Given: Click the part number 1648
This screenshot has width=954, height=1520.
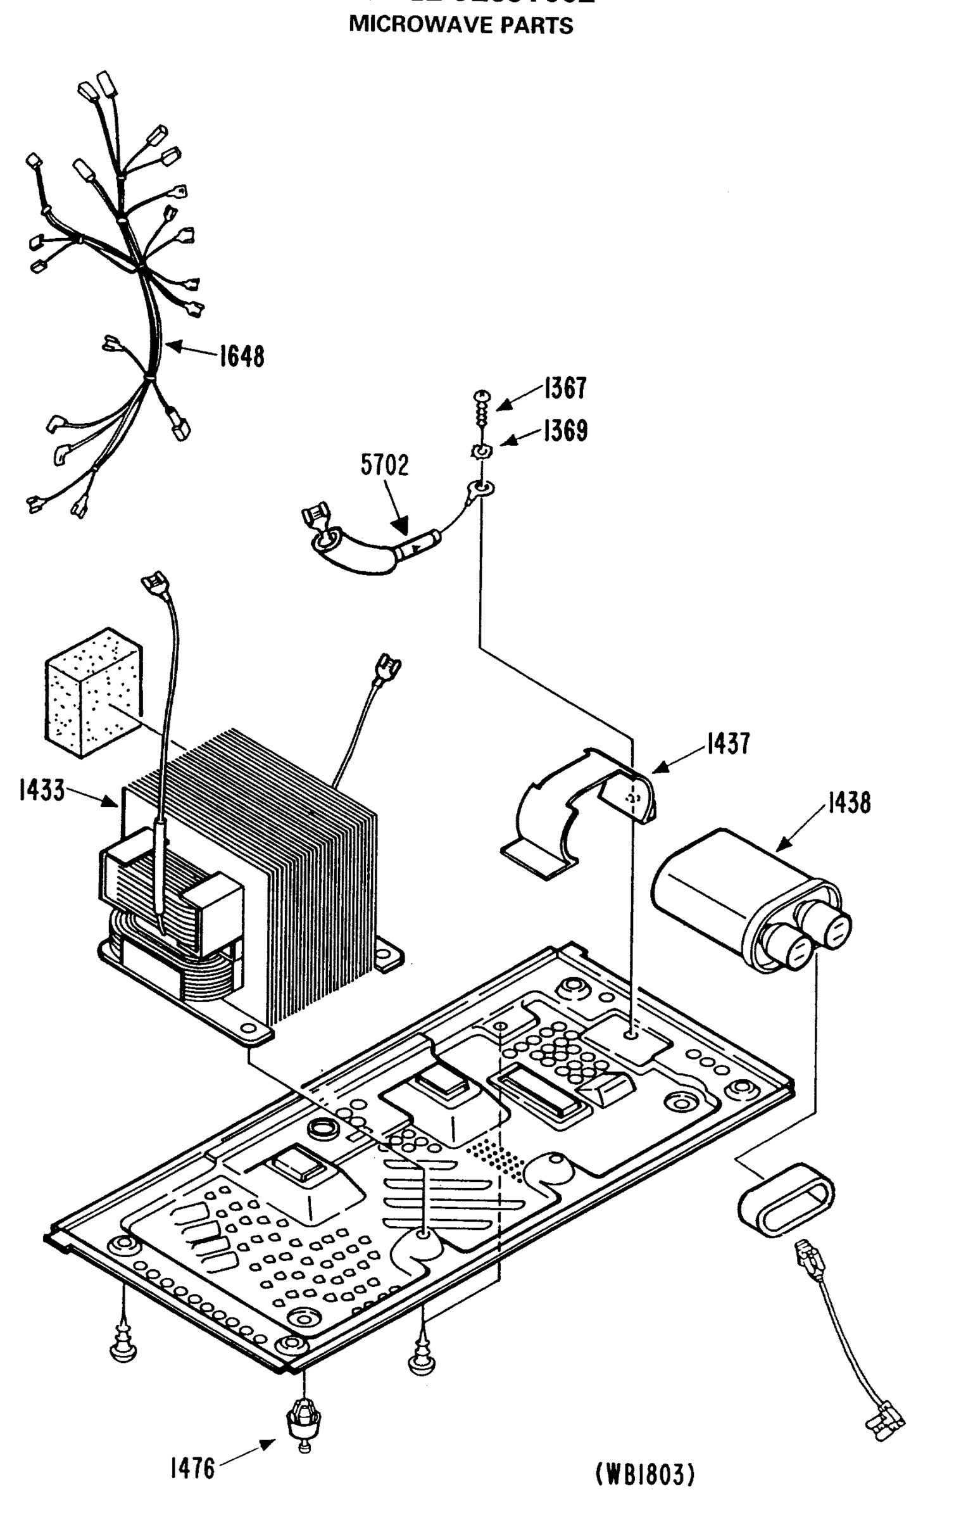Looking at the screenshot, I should point(242,357).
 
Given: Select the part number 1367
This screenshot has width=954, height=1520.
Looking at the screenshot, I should point(565,388).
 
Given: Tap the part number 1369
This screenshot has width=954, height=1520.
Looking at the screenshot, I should point(565,431).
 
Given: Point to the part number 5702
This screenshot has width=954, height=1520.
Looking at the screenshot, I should point(385,465).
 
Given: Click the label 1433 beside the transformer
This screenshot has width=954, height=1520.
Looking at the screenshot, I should point(42,790).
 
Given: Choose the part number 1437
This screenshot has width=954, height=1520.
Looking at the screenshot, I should point(728,744).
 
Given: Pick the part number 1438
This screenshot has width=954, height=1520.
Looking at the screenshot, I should point(848,802).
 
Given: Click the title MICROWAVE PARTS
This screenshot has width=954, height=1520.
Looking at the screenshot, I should point(461,25).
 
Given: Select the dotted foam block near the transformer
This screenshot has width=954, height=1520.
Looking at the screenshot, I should point(93,692).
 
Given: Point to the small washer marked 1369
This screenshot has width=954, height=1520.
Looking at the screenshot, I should point(482,452).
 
